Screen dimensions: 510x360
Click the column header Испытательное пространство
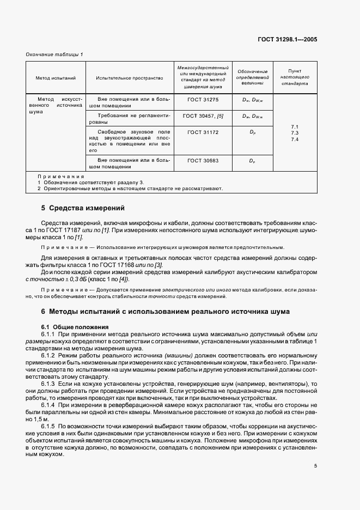130,78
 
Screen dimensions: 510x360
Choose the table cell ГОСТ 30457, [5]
202,116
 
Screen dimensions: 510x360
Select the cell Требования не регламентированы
130,119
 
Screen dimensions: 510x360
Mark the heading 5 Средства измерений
83,208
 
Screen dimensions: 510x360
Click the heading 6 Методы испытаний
169,312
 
